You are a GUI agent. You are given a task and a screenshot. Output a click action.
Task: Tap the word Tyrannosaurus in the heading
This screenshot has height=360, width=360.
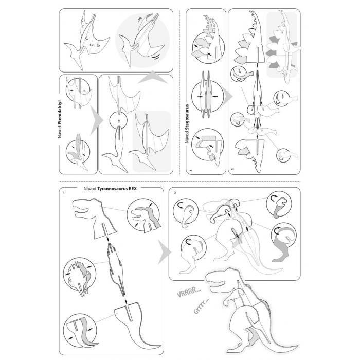113,189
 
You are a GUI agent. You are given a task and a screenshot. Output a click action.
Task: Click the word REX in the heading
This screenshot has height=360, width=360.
133,189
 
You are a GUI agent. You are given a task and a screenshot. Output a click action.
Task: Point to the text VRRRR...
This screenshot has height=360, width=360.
189,293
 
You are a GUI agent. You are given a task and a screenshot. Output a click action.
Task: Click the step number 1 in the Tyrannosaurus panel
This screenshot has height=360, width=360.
64,193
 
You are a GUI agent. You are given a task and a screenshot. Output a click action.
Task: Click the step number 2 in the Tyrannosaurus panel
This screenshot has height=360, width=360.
175,193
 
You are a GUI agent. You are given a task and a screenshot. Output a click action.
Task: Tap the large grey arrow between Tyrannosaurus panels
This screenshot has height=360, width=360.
165,252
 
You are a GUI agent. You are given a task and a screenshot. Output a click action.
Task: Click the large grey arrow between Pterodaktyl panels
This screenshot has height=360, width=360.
97,120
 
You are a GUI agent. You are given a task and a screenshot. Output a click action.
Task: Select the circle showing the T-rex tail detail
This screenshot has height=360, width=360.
80,331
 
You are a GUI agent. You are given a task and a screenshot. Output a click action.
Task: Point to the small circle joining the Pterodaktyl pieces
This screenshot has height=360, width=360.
118,120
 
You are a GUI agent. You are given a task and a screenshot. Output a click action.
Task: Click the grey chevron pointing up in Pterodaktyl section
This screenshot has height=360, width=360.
152,78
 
